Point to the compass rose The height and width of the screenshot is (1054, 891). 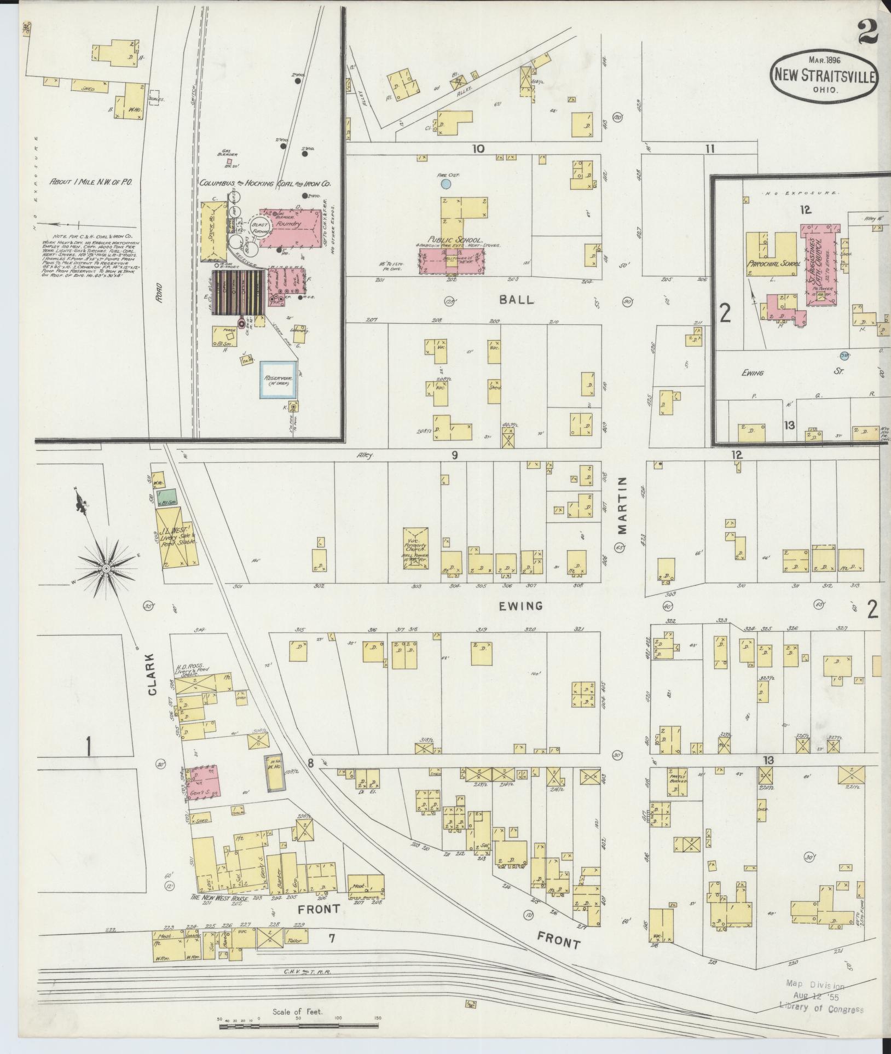(x=107, y=569)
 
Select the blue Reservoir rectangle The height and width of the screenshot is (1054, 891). (x=278, y=379)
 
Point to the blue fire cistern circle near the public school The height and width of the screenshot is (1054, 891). (x=447, y=184)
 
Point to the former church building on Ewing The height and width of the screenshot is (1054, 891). (x=416, y=548)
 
